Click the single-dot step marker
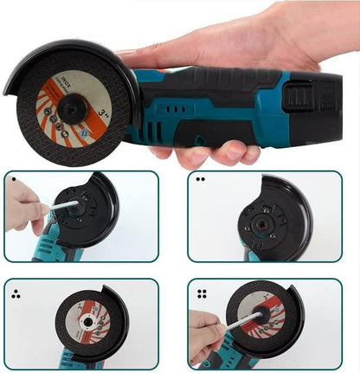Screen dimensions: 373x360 13,180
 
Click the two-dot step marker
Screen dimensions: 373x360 200,180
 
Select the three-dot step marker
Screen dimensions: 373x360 15,292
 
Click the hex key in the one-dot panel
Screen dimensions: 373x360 62,206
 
